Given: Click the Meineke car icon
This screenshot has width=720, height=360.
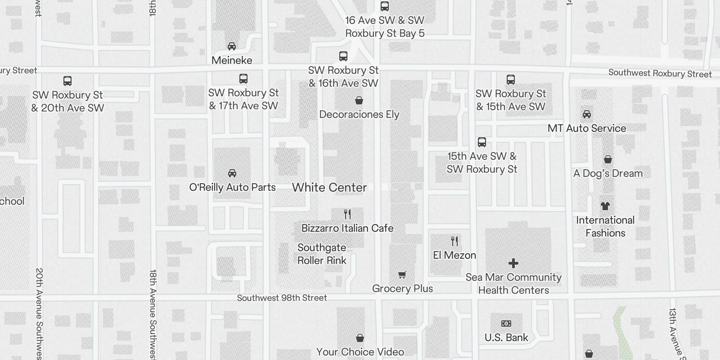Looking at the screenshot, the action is coord(232,46).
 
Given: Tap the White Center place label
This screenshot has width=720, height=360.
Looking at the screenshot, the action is coord(329,188).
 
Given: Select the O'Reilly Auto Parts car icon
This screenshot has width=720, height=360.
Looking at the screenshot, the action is coord(232,173).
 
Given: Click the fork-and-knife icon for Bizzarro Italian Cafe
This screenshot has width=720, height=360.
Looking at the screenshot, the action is coord(347,214).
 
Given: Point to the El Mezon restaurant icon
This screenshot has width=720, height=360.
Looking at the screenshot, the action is coord(454,241).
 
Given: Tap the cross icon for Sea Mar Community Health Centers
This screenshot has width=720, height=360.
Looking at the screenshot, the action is coord(513,263).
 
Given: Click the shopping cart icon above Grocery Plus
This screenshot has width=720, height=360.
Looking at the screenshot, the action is coord(402,274).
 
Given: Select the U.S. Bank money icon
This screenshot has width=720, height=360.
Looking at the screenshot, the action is coord(506,324).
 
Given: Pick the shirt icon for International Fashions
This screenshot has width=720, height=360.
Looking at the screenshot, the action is coord(605,206).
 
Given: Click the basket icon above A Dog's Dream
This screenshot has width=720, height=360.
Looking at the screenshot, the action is coord(607,159).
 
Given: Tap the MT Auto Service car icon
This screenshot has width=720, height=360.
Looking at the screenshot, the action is coord(587,114).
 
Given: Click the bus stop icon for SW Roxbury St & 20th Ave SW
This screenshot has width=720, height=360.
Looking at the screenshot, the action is coord(67,81).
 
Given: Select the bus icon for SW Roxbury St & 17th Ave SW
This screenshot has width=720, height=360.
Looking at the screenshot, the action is coord(243,79).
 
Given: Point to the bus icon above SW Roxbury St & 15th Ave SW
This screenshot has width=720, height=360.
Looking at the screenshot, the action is coord(511,80).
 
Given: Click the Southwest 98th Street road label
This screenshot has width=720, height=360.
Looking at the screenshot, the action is coord(282,298).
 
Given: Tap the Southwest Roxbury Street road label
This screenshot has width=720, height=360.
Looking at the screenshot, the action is coord(660,73).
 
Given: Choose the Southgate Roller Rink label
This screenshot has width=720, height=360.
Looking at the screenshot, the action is coord(322,254).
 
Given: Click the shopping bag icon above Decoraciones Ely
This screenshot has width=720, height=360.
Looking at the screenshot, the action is coord(359,100).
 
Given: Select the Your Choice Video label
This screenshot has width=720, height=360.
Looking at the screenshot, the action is coord(360,352).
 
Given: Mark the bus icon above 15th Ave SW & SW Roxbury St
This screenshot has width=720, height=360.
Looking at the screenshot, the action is coord(482,142).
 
